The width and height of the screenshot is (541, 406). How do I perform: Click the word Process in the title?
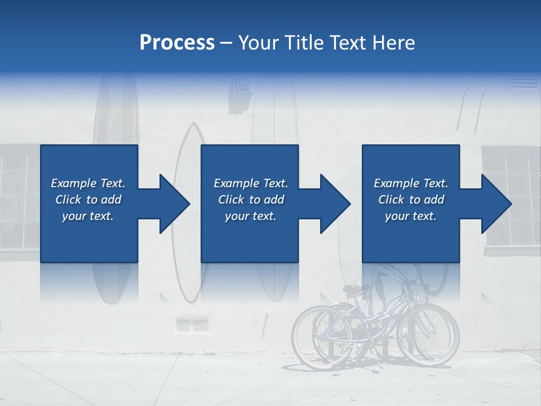pyautogui.click(x=177, y=43)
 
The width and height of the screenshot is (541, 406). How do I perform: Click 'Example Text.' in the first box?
pyautogui.click(x=88, y=183)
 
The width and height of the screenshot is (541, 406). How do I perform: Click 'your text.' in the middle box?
pyautogui.click(x=250, y=216)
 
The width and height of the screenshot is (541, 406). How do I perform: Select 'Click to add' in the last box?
pyautogui.click(x=411, y=200)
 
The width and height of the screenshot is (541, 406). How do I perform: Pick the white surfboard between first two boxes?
pyautogui.click(x=189, y=169)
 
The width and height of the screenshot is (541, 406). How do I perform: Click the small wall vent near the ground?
pyautogui.click(x=192, y=325)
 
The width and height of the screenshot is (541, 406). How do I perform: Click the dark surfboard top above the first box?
pyautogui.click(x=115, y=110)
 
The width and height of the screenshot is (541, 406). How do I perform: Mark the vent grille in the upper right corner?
pyautogui.click(x=524, y=81)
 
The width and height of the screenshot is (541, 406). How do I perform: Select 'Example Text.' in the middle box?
pyautogui.click(x=250, y=183)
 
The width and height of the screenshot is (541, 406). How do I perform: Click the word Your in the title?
pyautogui.click(x=258, y=43)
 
